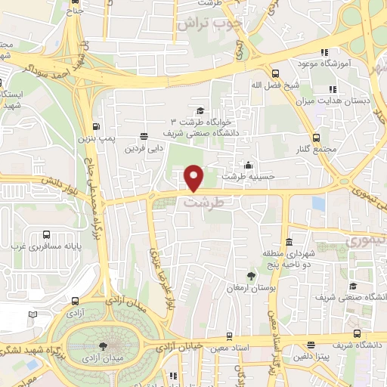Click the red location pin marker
[194, 178]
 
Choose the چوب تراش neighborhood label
[209, 24]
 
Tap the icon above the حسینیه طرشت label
[249, 165]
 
